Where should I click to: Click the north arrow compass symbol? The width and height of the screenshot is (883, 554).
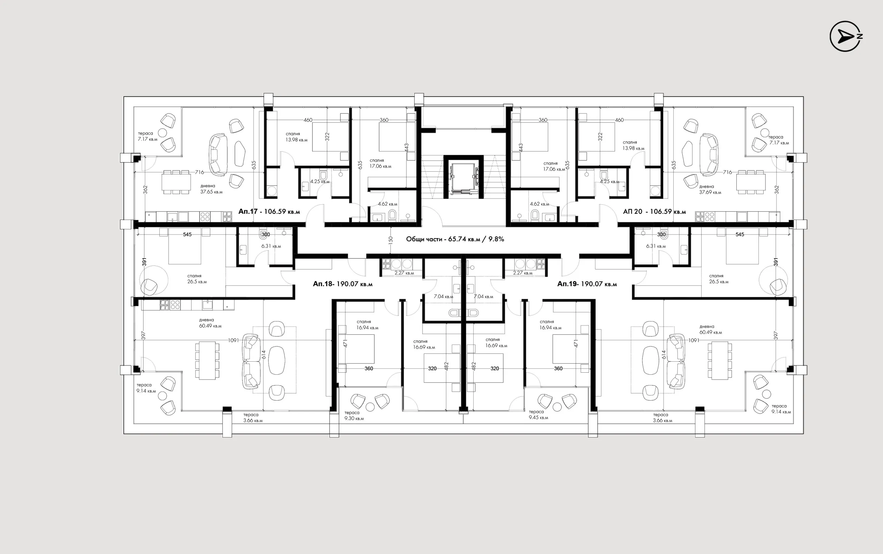pos(845,36)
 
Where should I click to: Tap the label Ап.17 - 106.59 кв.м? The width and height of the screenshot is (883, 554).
pos(269,211)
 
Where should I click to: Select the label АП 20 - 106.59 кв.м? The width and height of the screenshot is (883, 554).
pos(654,211)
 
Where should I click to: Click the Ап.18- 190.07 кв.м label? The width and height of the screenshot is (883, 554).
pos(343,284)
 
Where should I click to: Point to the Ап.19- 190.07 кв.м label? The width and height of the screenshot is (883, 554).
pos(587,284)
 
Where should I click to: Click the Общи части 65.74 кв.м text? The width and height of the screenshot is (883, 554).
pos(455,239)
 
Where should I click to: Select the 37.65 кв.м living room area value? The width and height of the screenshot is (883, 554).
pos(211,192)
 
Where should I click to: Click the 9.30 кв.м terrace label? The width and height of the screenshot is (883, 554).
pos(354,419)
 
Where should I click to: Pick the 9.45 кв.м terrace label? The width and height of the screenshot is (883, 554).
pos(538,417)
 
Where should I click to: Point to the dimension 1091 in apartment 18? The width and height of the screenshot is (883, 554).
pos(234,340)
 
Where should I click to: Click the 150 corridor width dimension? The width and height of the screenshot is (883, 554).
pos(391,240)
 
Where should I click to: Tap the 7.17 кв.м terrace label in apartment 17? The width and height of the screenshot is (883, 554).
pos(147,139)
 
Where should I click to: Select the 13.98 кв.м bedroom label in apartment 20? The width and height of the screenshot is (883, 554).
pos(633,148)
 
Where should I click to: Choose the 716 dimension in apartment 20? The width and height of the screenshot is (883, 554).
pos(727,172)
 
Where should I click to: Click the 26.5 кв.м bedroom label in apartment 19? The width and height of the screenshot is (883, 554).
pos(719,282)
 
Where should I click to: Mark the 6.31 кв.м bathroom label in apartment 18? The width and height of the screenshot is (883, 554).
pos(271,246)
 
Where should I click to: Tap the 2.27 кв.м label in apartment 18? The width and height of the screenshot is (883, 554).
pos(404,273)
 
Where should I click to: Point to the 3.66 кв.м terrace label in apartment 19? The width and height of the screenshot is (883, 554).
pos(662,420)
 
